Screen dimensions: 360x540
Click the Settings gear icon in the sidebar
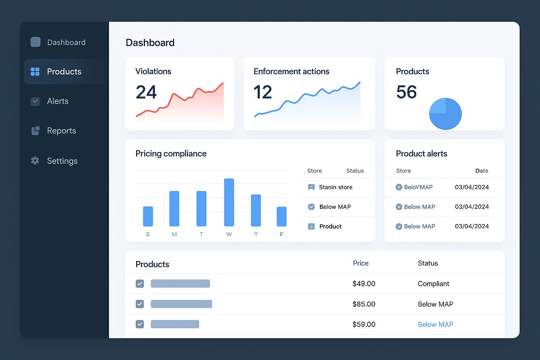[x=35, y=161]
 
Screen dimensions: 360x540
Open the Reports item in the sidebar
[x=61, y=131]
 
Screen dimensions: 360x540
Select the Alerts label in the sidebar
[x=58, y=101]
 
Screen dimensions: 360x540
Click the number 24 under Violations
[x=146, y=92]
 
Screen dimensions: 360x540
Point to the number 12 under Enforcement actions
[x=263, y=92]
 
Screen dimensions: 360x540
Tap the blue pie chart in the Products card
[x=445, y=114]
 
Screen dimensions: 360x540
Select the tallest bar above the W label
[x=229, y=202]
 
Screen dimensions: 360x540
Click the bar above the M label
[x=174, y=208]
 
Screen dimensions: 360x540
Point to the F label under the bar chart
[x=282, y=234]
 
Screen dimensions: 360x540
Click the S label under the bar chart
[x=148, y=234]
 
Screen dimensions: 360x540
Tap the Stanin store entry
[x=335, y=187]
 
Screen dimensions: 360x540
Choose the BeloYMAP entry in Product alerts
[x=418, y=187]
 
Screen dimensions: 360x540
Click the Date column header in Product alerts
[x=482, y=171]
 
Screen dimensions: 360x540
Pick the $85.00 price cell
[x=364, y=304]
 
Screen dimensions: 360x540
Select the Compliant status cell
[x=433, y=284]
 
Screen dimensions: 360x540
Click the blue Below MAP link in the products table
[x=435, y=324]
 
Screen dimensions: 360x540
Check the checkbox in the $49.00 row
[x=140, y=284]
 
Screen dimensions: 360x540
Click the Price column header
[x=361, y=263]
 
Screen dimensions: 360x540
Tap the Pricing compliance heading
[x=171, y=154]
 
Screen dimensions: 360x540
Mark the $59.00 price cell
[x=364, y=324]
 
